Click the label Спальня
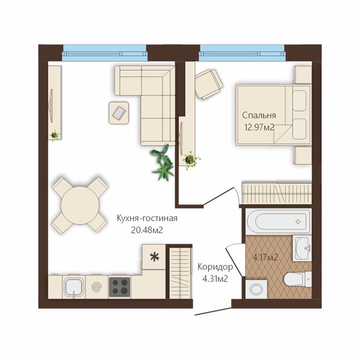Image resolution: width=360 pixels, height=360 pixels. (x=259, y=115)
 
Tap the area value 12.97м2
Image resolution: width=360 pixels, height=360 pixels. (x=259, y=127)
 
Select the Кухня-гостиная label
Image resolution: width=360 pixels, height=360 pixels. (x=147, y=218)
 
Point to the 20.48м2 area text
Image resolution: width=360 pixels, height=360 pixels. (x=147, y=230)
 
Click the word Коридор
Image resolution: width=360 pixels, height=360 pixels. (x=215, y=267)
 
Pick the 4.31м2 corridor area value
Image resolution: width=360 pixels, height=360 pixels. (x=215, y=279)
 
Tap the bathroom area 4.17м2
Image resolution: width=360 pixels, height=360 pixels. (x=265, y=257)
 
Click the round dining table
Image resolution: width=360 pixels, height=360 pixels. (x=80, y=205)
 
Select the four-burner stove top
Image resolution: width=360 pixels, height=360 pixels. (x=119, y=287)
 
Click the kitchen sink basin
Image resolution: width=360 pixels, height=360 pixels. (x=74, y=287)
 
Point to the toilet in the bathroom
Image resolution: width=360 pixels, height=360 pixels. (x=297, y=279)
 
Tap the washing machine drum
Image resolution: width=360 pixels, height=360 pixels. (x=256, y=289)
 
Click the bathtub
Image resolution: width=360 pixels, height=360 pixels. (x=278, y=222)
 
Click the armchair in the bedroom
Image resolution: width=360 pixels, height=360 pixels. (x=208, y=84)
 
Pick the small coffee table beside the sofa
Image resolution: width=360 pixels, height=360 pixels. (x=118, y=113)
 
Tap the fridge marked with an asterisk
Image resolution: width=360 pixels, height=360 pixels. (x=154, y=257)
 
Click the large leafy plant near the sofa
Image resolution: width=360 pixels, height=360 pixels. (x=162, y=163)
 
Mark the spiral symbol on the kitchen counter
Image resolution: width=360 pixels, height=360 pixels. (x=97, y=287)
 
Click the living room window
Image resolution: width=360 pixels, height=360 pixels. (x=104, y=53)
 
